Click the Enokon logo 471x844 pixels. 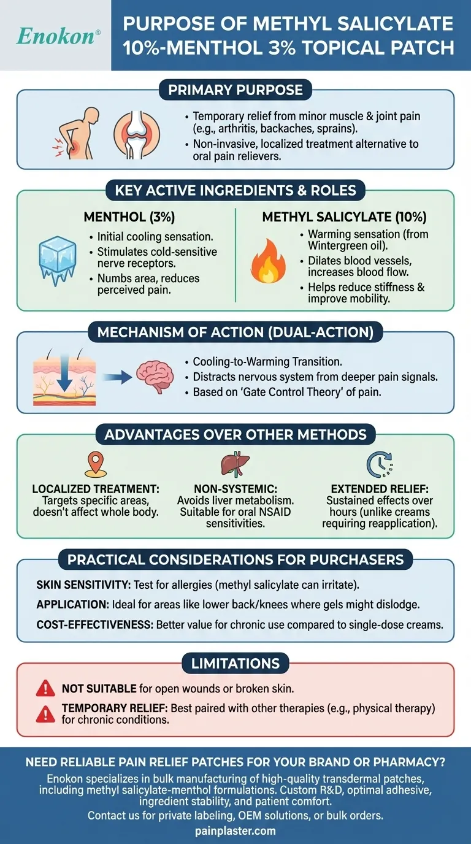pos(56,36)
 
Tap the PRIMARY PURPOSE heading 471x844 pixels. pos(235,91)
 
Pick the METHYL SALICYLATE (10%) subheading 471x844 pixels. pos(345,217)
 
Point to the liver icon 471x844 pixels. pos(235,465)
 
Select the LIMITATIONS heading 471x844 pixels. pos(235,662)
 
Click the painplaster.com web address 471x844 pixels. pos(235,831)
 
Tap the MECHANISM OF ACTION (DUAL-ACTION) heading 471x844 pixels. pos(235,332)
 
